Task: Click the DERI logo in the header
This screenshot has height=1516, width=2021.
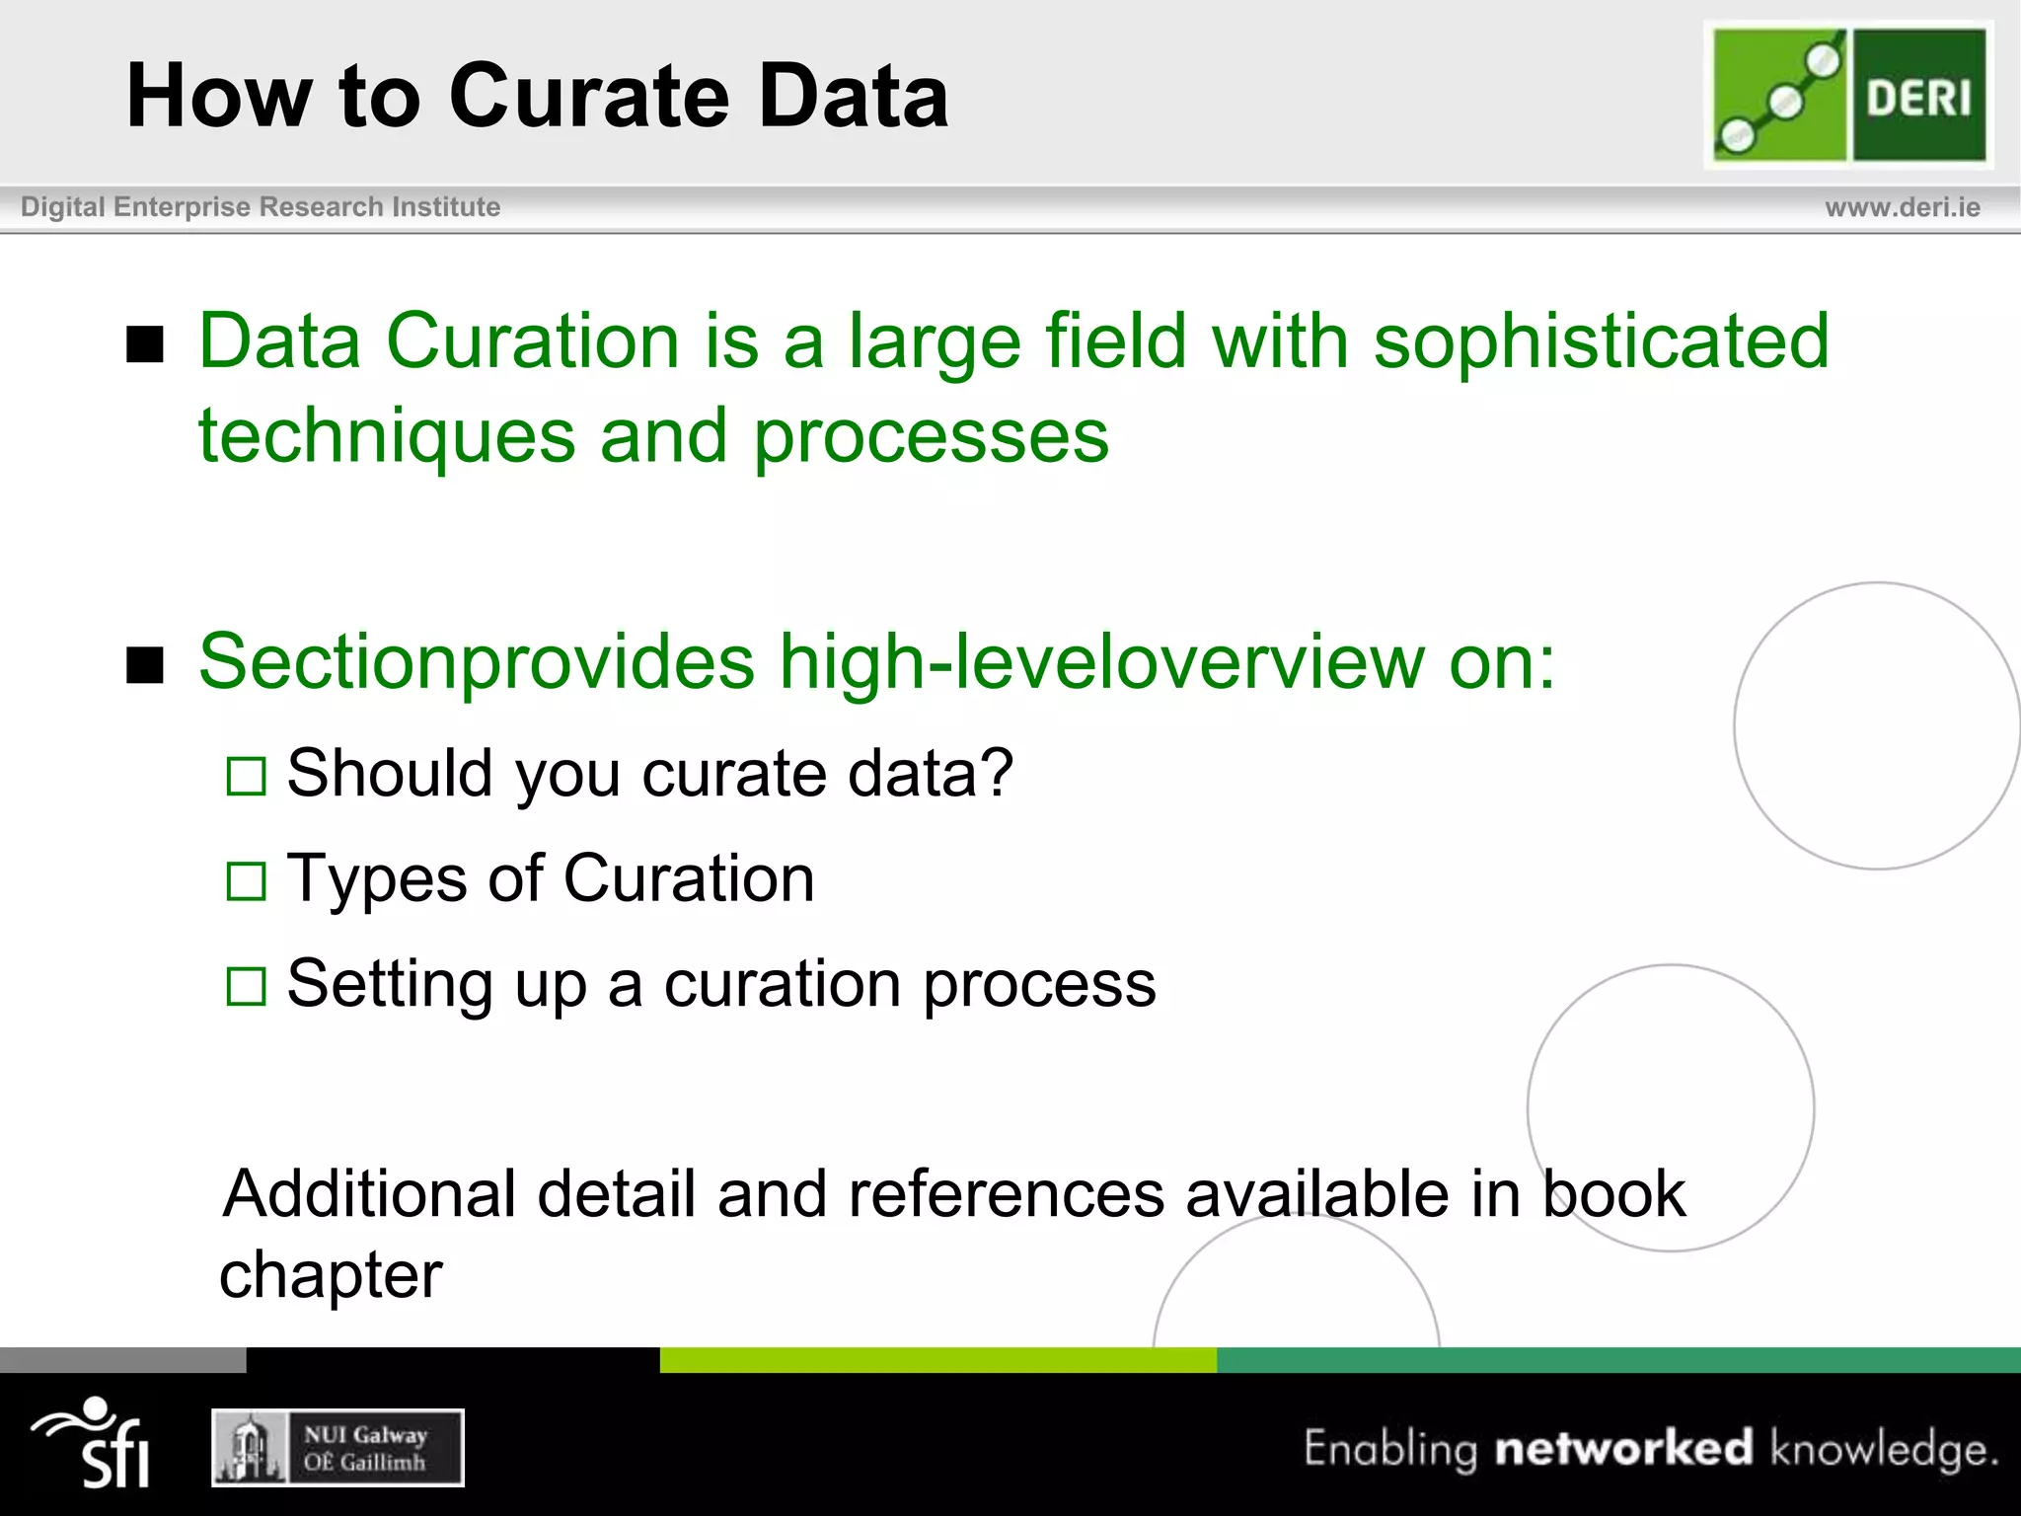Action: [x=1849, y=95]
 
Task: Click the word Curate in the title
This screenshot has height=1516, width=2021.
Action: [x=588, y=97]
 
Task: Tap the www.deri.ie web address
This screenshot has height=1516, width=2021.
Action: [x=1902, y=207]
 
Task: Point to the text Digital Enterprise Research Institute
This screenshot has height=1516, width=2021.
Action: [x=261, y=207]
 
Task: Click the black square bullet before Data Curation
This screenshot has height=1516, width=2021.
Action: [x=145, y=344]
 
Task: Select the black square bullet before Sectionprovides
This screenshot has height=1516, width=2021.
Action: [x=145, y=665]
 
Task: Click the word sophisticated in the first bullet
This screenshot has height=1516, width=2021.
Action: [x=1601, y=341]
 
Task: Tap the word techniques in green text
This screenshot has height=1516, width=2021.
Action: [x=386, y=436]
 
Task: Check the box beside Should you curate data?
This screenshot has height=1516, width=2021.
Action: [x=246, y=776]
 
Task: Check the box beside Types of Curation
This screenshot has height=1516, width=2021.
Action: [x=246, y=881]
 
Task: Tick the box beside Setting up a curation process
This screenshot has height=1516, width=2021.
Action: [x=246, y=986]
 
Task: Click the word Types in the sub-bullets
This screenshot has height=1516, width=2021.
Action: [x=376, y=878]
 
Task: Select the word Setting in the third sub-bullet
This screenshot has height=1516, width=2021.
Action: [x=389, y=984]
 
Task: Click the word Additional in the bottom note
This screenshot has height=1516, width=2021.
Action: [x=369, y=1194]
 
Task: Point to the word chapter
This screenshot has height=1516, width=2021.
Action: [x=331, y=1276]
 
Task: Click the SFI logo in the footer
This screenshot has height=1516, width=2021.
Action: [x=94, y=1443]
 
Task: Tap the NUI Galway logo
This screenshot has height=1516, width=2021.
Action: [x=337, y=1448]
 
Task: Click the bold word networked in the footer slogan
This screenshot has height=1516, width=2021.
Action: [x=1623, y=1448]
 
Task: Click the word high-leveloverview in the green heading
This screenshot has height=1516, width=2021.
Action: [x=1101, y=661]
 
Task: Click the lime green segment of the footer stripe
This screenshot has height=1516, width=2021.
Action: [x=937, y=1360]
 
